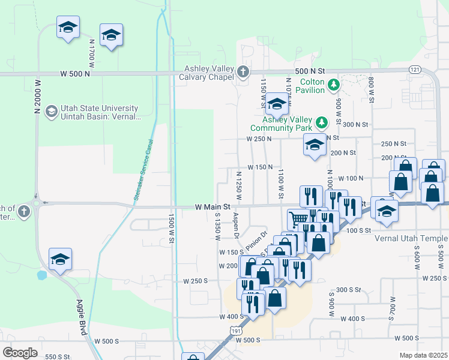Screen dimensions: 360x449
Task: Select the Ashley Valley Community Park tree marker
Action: click(322, 123)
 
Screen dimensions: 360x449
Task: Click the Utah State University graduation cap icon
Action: click(52, 112)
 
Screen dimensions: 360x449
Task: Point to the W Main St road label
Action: click(213, 206)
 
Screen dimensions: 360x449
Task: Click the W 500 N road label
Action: click(76, 74)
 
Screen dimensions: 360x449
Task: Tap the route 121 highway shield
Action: click(414, 70)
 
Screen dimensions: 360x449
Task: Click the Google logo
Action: click(20, 353)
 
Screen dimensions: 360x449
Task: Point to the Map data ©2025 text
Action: click(423, 355)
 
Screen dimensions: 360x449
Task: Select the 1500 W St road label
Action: click(171, 229)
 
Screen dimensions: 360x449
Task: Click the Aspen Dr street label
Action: click(237, 224)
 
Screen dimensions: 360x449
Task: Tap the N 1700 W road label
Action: click(92, 53)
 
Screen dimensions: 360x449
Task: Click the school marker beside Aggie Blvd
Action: click(60, 260)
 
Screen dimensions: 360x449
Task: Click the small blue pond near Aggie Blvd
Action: click(41, 275)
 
